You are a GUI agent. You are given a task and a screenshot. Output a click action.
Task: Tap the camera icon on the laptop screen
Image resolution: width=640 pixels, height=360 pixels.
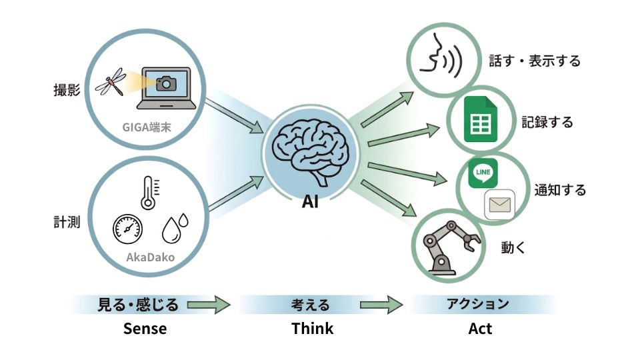[165, 83]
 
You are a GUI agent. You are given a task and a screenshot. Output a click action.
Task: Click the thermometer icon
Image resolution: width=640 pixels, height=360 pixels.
[147, 191]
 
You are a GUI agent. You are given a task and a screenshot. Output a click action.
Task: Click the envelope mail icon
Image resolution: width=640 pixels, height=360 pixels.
[499, 205]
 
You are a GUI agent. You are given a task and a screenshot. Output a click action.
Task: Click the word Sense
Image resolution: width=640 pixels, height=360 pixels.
[145, 329]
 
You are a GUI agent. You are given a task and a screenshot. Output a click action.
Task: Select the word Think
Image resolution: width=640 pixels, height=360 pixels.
[312, 329]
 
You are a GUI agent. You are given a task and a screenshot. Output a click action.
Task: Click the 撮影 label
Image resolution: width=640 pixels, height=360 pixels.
[67, 89]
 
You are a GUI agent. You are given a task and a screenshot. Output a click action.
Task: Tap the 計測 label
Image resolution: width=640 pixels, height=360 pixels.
[67, 222]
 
